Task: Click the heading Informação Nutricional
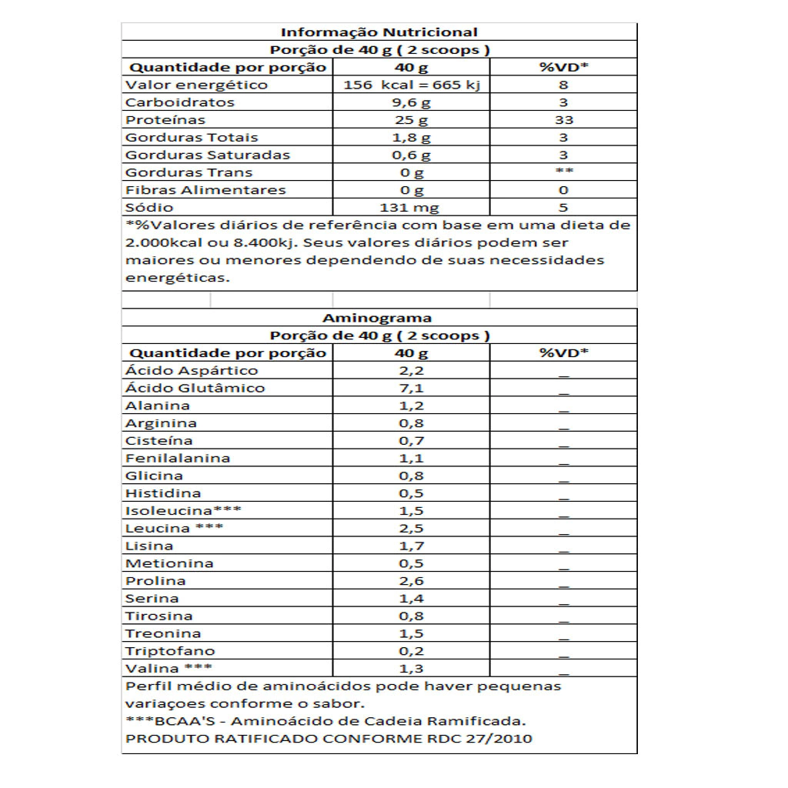pos(379,32)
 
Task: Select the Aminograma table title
pos(377,318)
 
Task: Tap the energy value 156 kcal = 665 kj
pos(411,85)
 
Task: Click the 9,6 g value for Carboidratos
pos(411,102)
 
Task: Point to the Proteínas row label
pos(165,120)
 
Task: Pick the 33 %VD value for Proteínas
pos(563,120)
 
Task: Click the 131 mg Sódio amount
pos(411,208)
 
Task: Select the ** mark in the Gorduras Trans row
pos(563,172)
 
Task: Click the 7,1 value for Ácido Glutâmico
pos(411,388)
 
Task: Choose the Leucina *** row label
pos(175,529)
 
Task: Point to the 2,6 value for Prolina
pos(411,581)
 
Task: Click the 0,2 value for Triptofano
pos(411,651)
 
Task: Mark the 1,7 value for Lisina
pos(411,546)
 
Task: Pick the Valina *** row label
pos(169,669)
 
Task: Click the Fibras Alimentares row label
pos(205,190)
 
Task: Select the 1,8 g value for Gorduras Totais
pos(411,138)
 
